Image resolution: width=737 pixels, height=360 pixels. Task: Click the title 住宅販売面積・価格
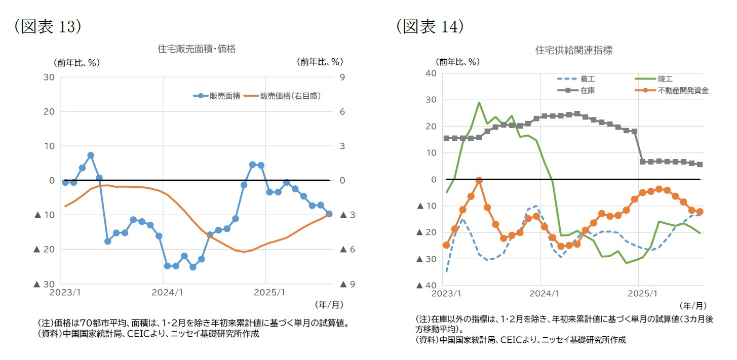tap(197, 49)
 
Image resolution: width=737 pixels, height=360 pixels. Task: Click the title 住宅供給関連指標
tap(573, 50)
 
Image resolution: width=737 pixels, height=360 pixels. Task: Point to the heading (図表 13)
tap(48, 26)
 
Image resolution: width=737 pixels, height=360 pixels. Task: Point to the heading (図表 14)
tap(430, 26)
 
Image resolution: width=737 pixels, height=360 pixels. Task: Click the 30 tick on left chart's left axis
tap(50, 77)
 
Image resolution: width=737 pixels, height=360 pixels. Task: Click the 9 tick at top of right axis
tap(342, 77)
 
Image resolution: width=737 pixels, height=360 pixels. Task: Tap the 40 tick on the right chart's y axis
tap(431, 73)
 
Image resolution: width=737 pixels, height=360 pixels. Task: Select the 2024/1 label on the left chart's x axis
tap(163, 292)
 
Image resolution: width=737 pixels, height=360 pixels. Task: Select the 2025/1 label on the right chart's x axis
tap(639, 293)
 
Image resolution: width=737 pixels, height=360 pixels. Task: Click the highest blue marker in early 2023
tap(91, 155)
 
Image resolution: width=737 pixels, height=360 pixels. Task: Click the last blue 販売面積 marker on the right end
tap(329, 214)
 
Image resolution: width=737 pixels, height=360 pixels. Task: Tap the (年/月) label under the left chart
tap(329, 305)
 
